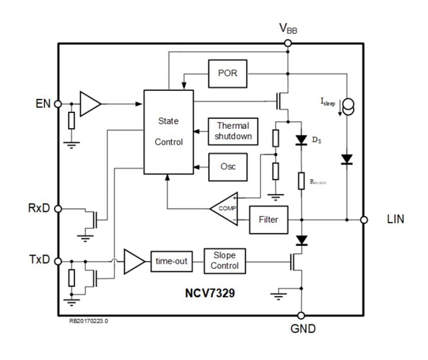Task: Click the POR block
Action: click(x=228, y=73)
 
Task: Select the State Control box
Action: click(x=168, y=132)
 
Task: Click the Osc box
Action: click(x=228, y=166)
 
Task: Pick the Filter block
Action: click(x=268, y=219)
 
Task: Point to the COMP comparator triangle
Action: click(x=226, y=208)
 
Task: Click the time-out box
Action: click(x=171, y=261)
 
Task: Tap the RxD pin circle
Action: click(x=58, y=209)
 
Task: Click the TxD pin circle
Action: click(x=58, y=261)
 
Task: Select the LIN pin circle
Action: click(x=364, y=219)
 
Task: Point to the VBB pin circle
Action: click(x=287, y=44)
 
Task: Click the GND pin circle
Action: click(x=301, y=315)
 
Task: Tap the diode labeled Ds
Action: click(x=301, y=141)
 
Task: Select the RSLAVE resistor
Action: click(x=301, y=181)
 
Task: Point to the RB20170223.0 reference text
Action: click(x=89, y=321)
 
